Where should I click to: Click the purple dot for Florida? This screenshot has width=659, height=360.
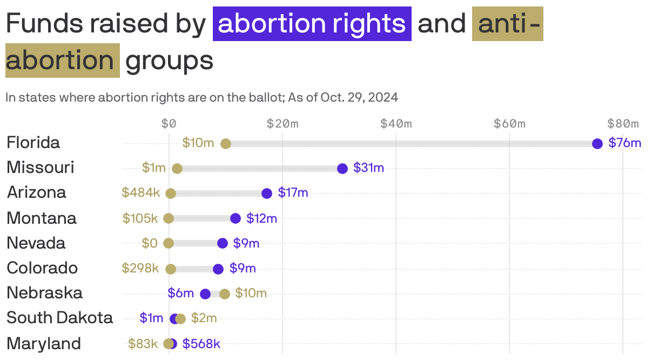(x=597, y=143)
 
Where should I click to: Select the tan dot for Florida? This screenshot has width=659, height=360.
(x=226, y=143)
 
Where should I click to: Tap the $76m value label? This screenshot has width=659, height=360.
(x=624, y=143)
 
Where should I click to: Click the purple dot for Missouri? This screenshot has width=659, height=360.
(x=342, y=168)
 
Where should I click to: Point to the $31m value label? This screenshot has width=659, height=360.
(x=368, y=168)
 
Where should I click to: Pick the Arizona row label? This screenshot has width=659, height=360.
(x=36, y=192)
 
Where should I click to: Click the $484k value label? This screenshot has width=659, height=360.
(x=140, y=192)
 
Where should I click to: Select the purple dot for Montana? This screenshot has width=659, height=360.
(x=235, y=218)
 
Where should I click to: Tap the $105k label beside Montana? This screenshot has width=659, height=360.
(x=140, y=218)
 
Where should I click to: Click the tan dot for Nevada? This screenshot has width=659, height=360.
(x=169, y=243)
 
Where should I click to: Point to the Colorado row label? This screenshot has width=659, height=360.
(x=42, y=268)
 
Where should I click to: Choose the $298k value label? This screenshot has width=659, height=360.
(x=140, y=268)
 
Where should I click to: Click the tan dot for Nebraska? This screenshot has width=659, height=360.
(x=225, y=294)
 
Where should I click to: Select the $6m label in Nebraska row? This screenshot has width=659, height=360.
(x=180, y=293)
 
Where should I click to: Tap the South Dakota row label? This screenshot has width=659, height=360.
(x=59, y=318)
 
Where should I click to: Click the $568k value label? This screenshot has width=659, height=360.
(x=201, y=344)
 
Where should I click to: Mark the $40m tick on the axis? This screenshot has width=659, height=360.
(x=396, y=124)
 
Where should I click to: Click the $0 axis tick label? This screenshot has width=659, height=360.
(x=169, y=124)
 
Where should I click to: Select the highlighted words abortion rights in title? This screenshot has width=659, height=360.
(x=312, y=23)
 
